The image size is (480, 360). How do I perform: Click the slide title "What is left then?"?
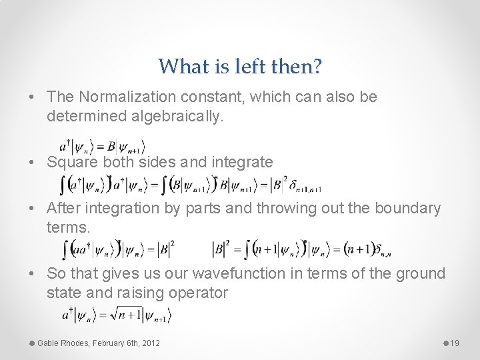(240, 66)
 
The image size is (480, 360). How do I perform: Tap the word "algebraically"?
(179, 117)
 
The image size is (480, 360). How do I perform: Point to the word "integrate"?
(242, 162)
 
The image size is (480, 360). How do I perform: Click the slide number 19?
(455, 343)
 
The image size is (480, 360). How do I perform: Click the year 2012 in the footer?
(151, 343)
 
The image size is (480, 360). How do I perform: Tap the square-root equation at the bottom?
(115, 314)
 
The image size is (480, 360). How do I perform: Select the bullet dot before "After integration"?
(33, 209)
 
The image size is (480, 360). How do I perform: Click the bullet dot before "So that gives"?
(33, 274)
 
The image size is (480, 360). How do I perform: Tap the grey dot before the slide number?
(445, 343)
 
